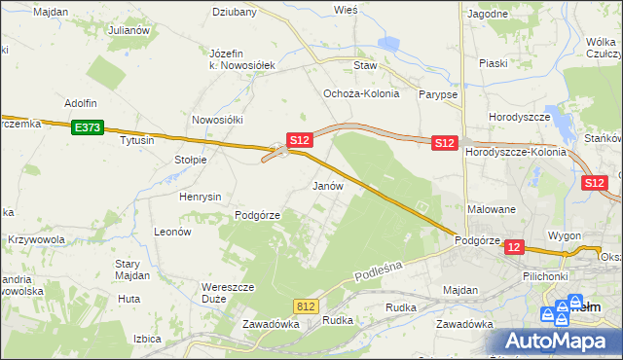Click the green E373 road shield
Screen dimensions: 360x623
coord(86,126)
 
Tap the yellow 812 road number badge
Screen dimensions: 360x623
coord(307,306)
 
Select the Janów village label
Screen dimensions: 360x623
coord(327,185)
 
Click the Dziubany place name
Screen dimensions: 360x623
coord(234,13)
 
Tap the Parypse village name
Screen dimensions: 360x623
coord(437,95)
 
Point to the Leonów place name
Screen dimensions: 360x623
coord(172,233)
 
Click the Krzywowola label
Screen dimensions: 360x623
coord(36,239)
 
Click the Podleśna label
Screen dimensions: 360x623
coord(371,259)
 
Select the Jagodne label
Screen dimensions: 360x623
coord(488,15)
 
